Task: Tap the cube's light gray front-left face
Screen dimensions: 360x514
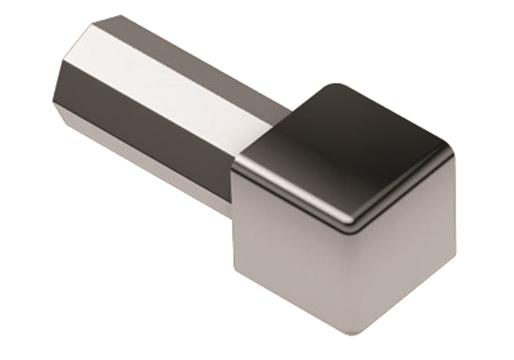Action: [288, 242]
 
